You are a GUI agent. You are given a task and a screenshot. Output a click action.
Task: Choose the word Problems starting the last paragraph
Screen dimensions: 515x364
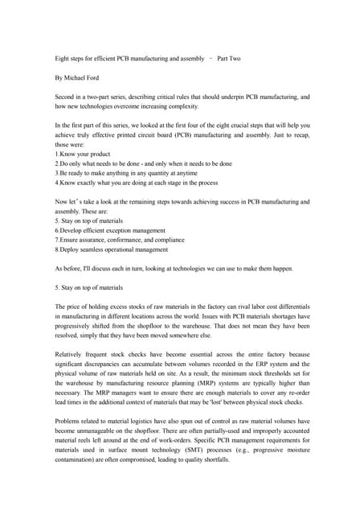[x=70, y=421]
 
